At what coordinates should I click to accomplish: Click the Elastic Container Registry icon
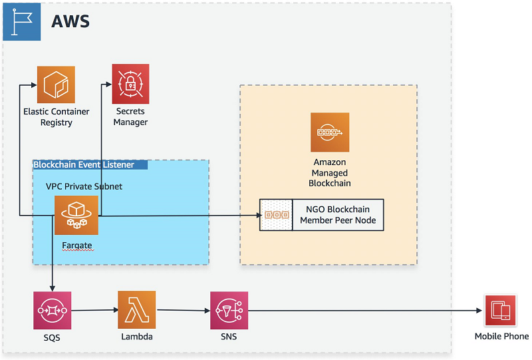pos(56,85)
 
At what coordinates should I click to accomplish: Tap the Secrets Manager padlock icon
pos(130,84)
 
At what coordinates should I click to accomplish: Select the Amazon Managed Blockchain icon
pos(330,132)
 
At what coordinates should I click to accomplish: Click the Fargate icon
pos(76,216)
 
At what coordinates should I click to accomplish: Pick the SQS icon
pos(53,310)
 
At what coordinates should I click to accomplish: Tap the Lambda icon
pos(137,309)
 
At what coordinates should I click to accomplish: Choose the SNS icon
pos(229,310)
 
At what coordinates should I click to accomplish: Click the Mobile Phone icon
pos(501,310)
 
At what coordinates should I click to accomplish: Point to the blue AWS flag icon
pos(22,22)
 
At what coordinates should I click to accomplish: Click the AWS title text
pos(70,21)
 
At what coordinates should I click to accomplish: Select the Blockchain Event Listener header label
pos(84,165)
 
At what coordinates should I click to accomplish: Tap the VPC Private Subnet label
pos(84,186)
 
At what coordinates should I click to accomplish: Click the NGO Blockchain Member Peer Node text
pos(338,215)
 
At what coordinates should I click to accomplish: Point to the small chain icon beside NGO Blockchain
pos(277,215)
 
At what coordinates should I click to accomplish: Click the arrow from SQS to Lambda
pos(94,310)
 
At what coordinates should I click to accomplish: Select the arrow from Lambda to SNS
pos(184,310)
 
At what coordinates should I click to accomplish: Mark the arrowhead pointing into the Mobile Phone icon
pos(479,310)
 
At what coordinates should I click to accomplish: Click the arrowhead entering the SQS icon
pos(53,288)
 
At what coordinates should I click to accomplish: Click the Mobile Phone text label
pos(501,336)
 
